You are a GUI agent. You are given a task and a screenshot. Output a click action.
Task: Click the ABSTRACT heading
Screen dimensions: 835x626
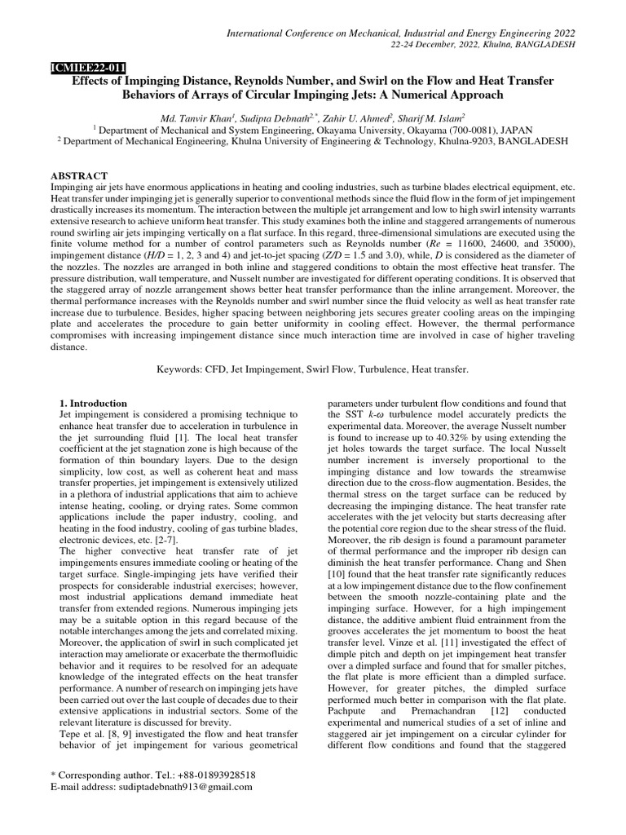tap(80, 176)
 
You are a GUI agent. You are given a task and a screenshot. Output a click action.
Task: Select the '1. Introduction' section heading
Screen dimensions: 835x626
tap(95, 403)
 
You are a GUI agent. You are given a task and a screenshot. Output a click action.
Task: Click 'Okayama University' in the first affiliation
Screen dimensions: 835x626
tap(340, 129)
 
